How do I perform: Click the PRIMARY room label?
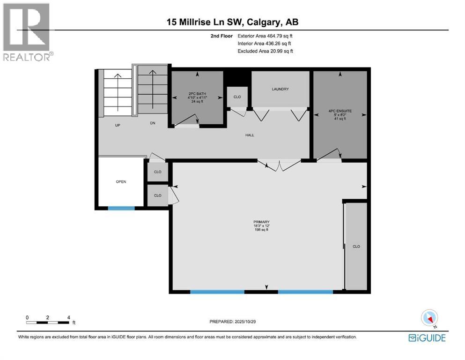pos(262,222)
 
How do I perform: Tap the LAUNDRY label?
pos(280,89)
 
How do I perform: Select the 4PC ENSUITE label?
pos(340,111)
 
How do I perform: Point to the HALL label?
pos(250,135)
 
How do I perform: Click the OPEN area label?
pos(121,181)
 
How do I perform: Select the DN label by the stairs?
pos(152,124)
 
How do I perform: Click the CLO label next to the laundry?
pos(237,97)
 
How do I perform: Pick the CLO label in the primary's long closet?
pos(356,246)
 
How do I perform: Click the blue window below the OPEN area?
pos(121,208)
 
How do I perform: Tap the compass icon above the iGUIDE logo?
pos(429,318)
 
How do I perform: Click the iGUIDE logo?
pos(427,337)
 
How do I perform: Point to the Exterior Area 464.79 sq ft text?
pos(265,36)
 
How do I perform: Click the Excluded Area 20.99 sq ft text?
pos(265,51)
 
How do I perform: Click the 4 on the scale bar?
pos(69,317)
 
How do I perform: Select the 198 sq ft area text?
pos(262,230)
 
